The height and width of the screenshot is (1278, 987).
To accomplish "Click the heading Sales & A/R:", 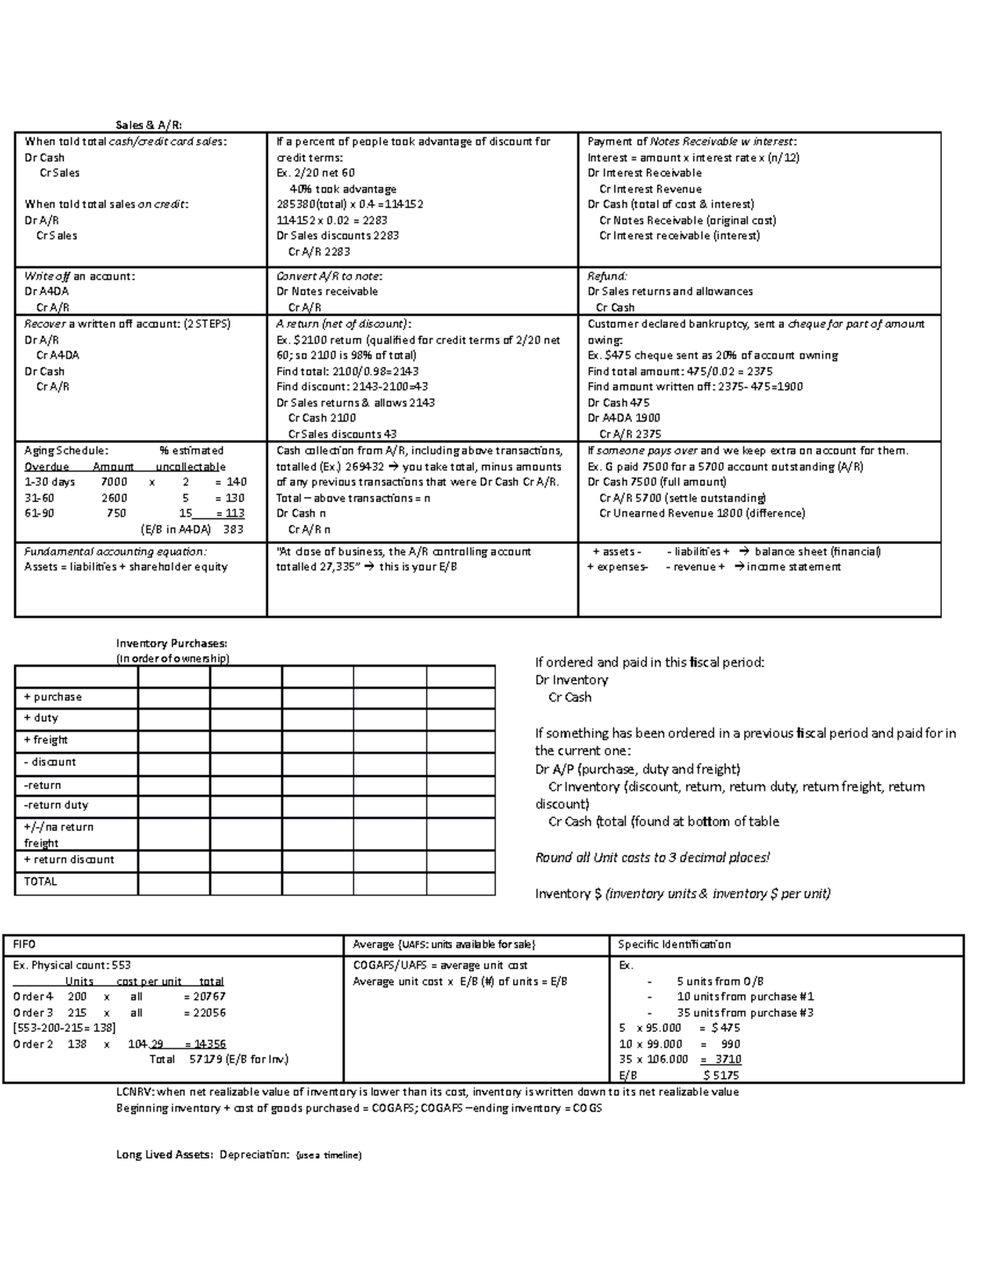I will pos(149,125).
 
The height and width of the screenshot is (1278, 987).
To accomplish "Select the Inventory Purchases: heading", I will pos(171,644).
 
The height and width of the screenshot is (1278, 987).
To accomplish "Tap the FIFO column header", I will pos(25,945).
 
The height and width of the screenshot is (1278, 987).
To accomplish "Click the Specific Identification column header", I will pos(674,945).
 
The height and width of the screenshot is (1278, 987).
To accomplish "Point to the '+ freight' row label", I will pos(46,740).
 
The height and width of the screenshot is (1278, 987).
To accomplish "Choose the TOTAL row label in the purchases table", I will pos(40,881).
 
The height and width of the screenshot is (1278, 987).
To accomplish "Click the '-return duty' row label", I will pos(56,805).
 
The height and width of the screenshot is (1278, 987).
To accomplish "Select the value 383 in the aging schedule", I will pos(234,529).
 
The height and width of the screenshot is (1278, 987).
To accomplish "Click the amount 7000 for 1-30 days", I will pos(114,482).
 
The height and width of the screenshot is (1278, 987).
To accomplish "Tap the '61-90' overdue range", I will pos(39,514).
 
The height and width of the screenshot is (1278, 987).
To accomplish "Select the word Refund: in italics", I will pos(607,277).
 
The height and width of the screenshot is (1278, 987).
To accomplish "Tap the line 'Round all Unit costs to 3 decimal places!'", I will pos(652,857).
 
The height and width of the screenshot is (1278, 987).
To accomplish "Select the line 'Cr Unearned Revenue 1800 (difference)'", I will pos(702,514).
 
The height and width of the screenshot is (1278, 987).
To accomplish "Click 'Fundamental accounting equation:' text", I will pos(115,552).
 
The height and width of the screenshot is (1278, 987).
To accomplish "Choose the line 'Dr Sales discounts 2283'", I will pos(337,236).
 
